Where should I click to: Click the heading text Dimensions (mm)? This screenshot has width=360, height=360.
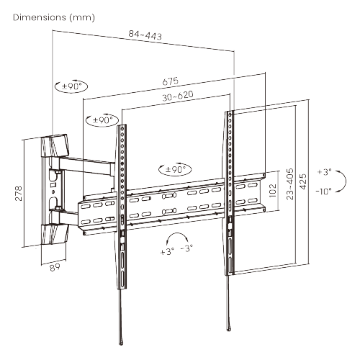54,16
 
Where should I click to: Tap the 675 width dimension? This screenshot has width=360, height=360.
171,81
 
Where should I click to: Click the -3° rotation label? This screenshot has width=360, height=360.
186,249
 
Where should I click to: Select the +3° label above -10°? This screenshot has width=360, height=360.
324,172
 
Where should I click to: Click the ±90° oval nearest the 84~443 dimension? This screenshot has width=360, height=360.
71,86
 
